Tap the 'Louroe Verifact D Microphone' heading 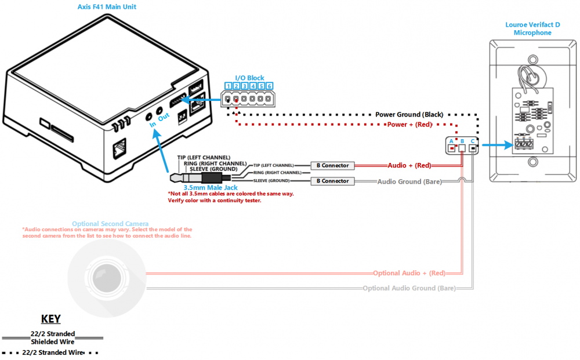point(532,29)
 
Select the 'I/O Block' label point(249,78)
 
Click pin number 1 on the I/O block point(228,86)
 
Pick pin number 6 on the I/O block point(270,86)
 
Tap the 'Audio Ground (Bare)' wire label point(409,181)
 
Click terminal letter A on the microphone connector point(452,141)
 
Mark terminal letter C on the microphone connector point(473,141)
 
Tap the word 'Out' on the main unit point(164,116)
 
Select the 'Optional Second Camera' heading point(110,224)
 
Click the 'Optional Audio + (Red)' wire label point(409,273)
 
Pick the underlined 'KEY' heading point(51,319)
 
